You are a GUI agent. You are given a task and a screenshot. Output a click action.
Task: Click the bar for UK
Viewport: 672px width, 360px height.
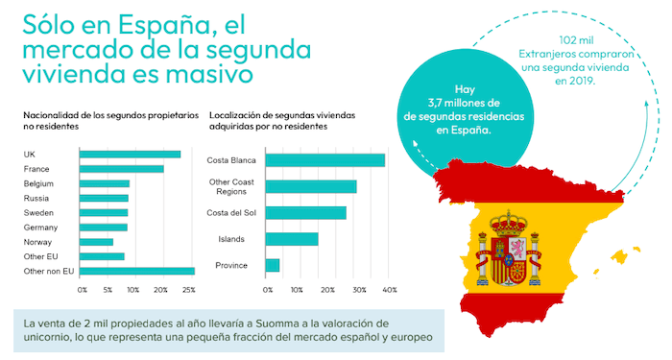tap(130, 154)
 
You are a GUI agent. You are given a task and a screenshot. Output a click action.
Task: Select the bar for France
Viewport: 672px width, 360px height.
tap(121, 169)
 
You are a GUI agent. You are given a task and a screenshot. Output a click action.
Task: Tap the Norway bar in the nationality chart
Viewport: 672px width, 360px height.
tap(96, 242)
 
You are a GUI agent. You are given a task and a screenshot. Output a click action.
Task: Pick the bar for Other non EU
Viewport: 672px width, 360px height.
tap(136, 272)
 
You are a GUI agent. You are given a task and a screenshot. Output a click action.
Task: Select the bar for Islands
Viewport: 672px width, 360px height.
tap(291, 239)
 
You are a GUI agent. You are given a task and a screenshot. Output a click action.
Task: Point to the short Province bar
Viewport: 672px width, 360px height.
tap(272, 265)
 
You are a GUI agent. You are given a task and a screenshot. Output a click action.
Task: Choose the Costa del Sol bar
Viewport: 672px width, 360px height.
tap(305, 212)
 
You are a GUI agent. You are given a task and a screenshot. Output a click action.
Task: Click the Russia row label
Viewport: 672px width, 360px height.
tap(36, 198)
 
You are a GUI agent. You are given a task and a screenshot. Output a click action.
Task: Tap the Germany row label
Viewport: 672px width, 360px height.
tap(41, 228)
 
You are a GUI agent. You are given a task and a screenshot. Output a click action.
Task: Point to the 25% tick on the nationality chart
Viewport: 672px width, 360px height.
tap(189, 289)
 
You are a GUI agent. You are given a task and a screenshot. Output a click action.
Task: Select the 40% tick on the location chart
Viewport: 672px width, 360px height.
tap(391, 289)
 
